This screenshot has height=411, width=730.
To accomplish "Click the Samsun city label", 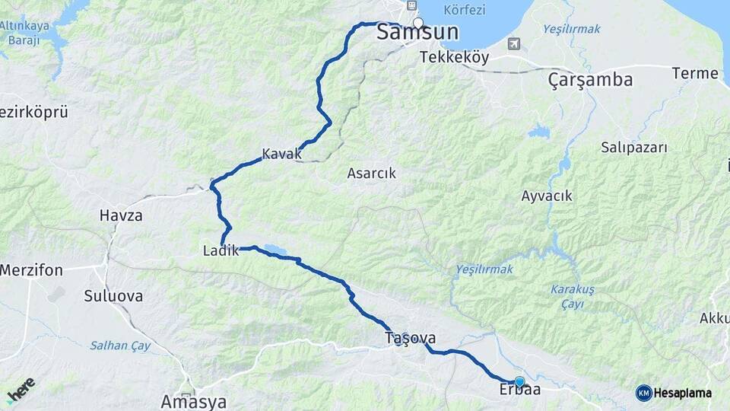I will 417,33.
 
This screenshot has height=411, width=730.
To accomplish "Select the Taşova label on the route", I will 410,338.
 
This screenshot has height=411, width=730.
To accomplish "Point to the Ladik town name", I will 221,250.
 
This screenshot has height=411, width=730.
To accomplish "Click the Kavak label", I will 281,155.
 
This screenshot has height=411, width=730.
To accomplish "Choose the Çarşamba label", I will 590,79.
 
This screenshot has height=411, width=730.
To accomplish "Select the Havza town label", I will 121,215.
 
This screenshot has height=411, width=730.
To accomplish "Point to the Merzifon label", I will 31,270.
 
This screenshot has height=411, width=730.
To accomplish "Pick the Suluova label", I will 113,296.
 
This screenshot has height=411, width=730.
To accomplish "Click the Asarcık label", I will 372,173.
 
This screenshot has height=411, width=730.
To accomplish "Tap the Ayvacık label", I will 547,196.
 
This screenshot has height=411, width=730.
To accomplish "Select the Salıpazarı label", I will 633,147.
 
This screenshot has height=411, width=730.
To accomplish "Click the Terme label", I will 695,74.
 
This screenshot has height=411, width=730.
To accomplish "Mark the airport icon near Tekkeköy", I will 516,44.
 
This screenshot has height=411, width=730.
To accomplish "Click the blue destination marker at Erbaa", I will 519,381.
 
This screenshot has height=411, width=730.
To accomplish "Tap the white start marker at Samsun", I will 417,22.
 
